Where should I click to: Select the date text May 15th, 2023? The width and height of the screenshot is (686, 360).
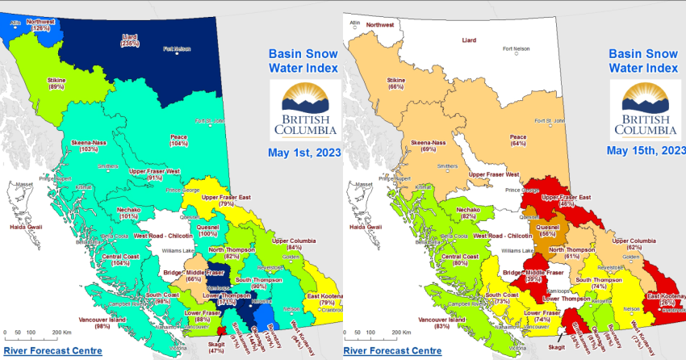(x=644, y=150)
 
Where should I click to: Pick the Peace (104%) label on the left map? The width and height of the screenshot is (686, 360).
(x=179, y=140)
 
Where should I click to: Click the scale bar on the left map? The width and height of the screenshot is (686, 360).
(x=36, y=333)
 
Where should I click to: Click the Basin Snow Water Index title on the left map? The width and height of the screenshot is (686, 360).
(x=301, y=63)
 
